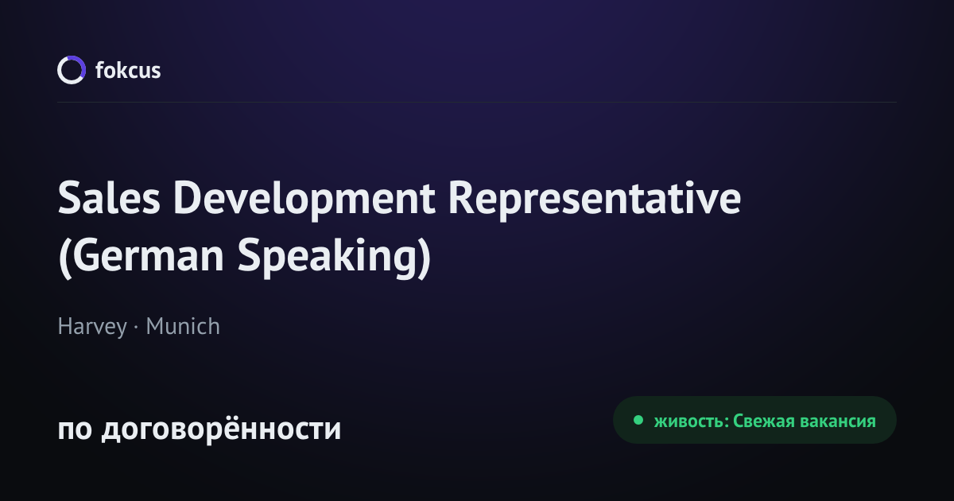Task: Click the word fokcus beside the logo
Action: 128,70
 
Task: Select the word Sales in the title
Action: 109,198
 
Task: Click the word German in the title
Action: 148,255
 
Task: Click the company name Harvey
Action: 92,327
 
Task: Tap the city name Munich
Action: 183,326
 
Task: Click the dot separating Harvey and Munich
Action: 136,327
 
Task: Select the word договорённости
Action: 221,428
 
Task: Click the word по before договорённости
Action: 75,429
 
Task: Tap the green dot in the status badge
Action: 638,420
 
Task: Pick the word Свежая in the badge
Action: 764,421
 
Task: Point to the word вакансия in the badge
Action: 838,421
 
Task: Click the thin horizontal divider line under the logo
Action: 477,103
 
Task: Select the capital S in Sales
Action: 69,198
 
